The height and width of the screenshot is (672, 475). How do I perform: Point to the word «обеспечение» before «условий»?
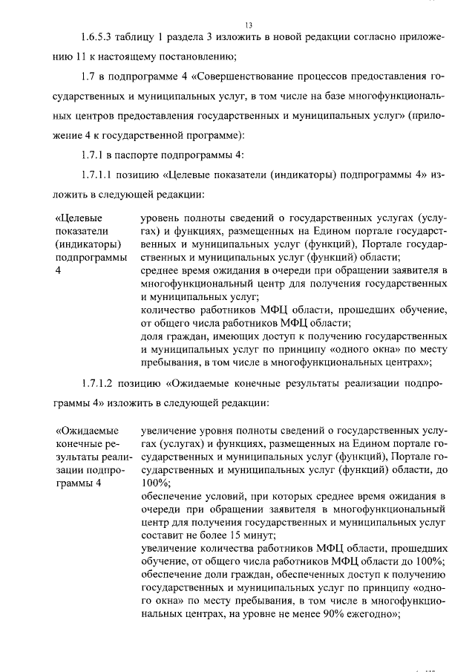coord(169,496)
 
